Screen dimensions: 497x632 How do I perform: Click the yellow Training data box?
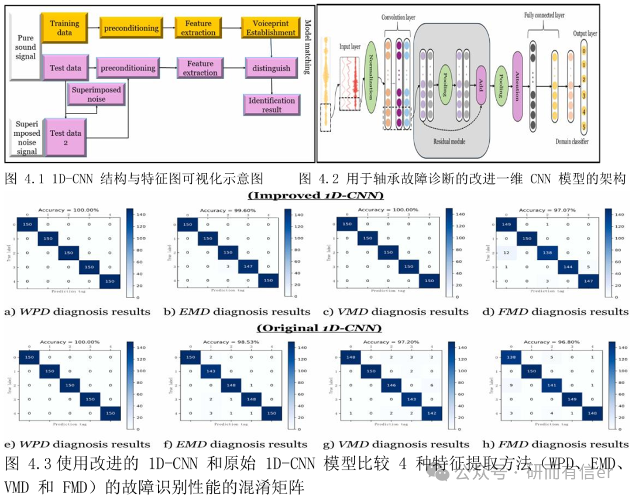pos(64,28)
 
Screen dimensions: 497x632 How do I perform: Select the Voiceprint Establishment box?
pos(271,28)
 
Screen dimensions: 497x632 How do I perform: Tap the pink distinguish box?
pos(271,68)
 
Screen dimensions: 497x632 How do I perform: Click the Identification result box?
pos(272,105)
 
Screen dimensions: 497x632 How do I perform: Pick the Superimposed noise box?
pos(97,94)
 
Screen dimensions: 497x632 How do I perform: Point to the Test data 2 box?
pos(65,137)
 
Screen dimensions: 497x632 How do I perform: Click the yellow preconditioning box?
pos(130,28)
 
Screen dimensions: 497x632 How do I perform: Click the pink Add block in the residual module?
pos(481,84)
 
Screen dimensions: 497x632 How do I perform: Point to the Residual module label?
pos(449,141)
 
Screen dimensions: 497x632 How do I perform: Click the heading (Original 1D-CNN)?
pos(315,328)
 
